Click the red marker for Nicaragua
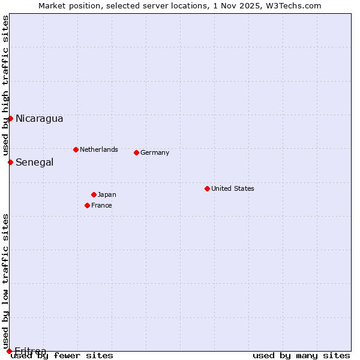coord(10,118)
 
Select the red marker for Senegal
coord(10,162)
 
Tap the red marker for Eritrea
coord(9,351)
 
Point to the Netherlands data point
coord(76,149)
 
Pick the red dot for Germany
coord(136,152)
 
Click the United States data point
coord(207,188)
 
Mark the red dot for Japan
coord(94,194)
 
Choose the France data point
coord(87,205)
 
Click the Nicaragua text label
coord(39,118)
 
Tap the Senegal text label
coord(34,162)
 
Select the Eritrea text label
coord(30,350)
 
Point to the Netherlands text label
coord(99,149)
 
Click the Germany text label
coord(155,152)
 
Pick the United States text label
coord(233,188)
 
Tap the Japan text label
coord(107,194)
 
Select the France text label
coord(101,205)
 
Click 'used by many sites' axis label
coord(301,356)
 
